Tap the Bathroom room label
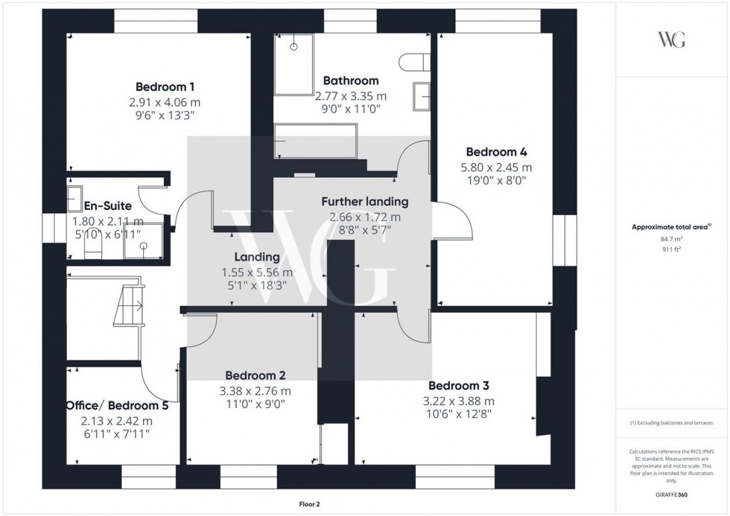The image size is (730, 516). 350,80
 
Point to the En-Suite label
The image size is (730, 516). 107,206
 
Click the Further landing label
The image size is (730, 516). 365,201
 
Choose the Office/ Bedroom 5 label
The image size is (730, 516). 116,406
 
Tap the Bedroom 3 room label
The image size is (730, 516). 458,386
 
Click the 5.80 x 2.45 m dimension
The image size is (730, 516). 496,167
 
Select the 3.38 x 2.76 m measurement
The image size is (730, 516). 256,391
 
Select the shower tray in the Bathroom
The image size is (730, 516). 294,64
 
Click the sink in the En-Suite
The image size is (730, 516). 75,199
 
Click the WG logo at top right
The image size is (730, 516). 671,39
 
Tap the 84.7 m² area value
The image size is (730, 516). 671,239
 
